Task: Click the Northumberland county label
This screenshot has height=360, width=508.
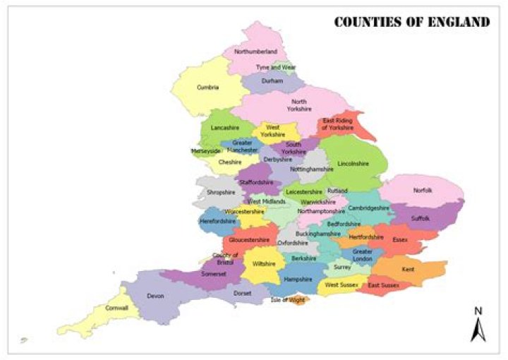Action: click(x=255, y=52)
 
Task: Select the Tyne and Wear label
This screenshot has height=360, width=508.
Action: click(x=276, y=68)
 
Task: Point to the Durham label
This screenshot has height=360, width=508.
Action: click(x=272, y=81)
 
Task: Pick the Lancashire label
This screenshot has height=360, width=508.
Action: click(x=224, y=128)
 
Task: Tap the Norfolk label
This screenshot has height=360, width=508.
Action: click(x=423, y=191)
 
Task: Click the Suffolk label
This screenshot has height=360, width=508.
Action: click(x=420, y=219)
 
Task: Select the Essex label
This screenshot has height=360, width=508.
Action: click(x=400, y=240)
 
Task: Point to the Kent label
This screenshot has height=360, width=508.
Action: click(x=408, y=270)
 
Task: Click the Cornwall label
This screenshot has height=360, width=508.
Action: click(x=116, y=308)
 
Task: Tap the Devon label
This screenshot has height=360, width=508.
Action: click(x=155, y=296)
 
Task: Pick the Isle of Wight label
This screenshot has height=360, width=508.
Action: click(x=288, y=300)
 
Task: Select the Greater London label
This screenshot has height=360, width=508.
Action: click(x=363, y=256)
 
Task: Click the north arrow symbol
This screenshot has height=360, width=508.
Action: click(x=478, y=328)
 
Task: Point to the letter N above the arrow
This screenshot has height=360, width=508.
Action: click(x=478, y=311)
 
